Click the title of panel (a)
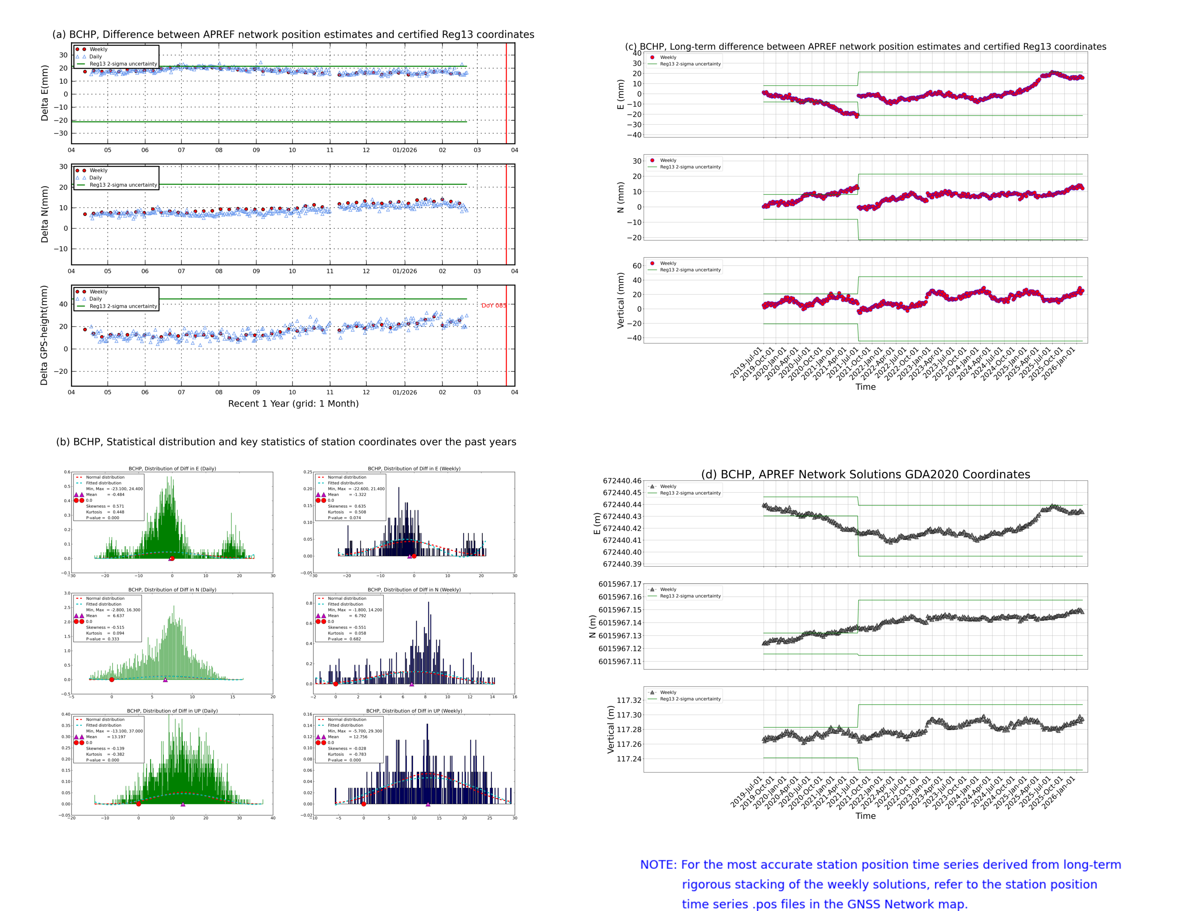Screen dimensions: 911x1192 (293, 34)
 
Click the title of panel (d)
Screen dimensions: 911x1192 (865, 474)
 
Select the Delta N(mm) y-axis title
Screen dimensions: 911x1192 (45, 214)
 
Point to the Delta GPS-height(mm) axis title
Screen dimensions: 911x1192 (45, 335)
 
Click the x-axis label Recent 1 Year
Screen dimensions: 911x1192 (293, 403)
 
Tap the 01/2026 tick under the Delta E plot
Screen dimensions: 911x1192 (404, 150)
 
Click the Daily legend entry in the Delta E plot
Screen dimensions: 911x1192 (95, 56)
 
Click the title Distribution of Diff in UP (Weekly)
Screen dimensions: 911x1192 (414, 710)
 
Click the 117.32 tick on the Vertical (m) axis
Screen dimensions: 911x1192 (629, 700)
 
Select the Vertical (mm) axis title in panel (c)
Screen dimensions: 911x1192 (621, 300)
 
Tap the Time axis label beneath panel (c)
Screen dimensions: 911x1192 (865, 387)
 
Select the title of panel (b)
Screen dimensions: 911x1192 (286, 441)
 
